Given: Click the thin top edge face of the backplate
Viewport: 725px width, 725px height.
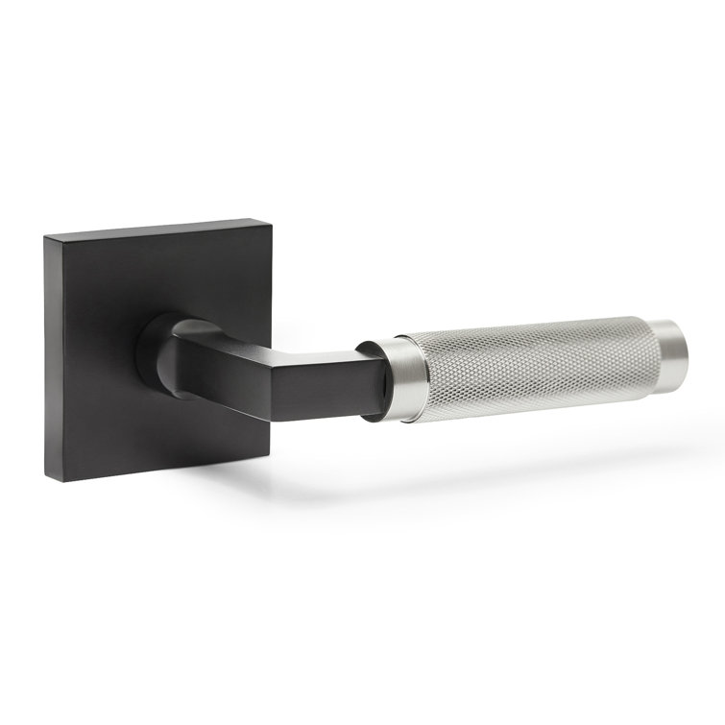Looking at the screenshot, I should (x=154, y=227).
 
